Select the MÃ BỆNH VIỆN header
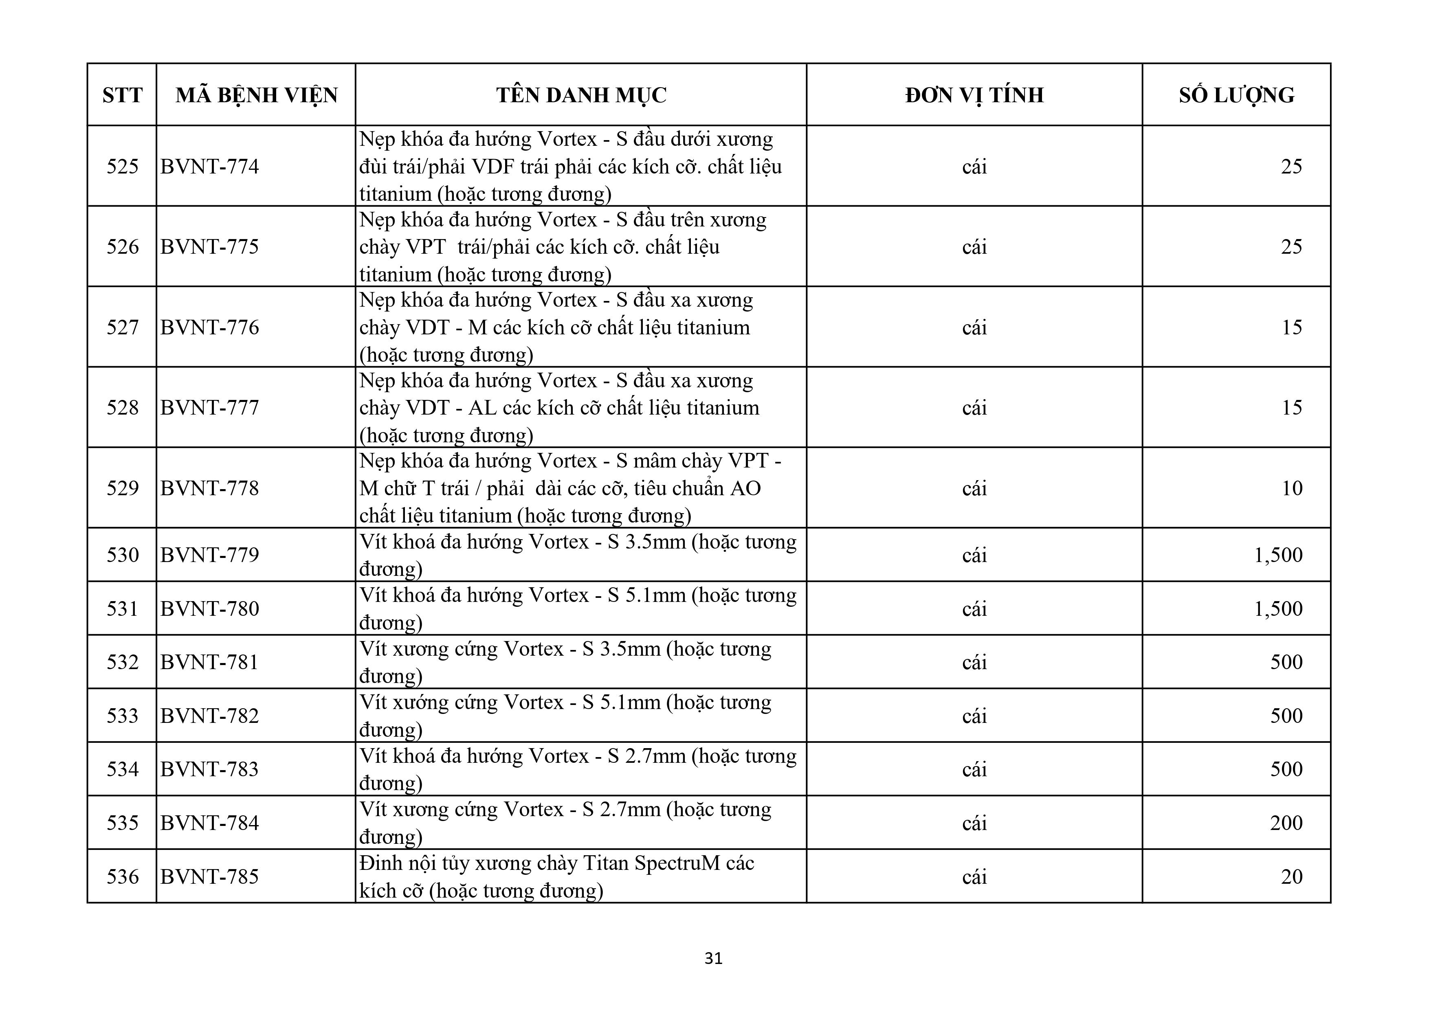[256, 95]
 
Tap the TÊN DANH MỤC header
[581, 95]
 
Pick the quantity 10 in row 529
[1291, 488]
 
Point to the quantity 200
[1286, 823]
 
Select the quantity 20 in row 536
[1291, 876]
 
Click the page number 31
[713, 958]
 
